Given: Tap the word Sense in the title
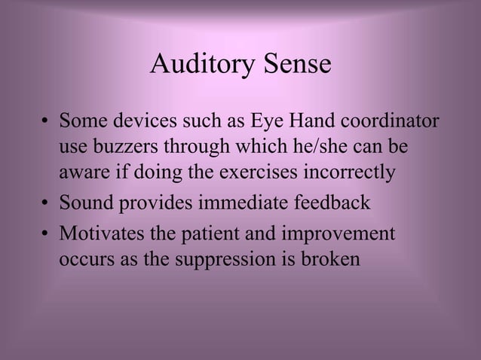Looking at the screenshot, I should click(296, 65).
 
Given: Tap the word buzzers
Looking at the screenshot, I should click(137, 147).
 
